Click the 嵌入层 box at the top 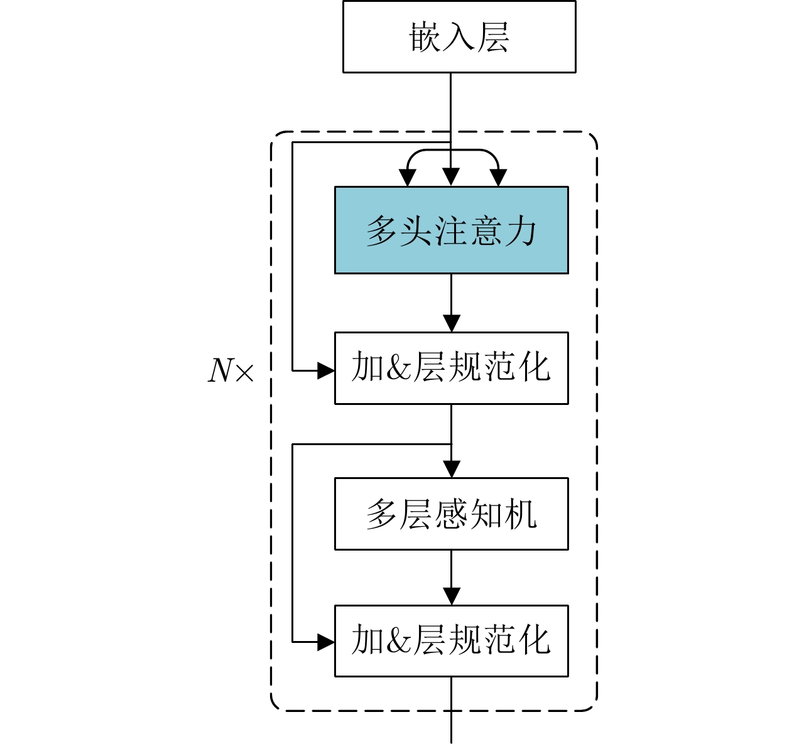[x=459, y=36]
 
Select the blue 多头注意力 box [x=451, y=230]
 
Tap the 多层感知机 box [x=451, y=514]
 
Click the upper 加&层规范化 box [x=451, y=368]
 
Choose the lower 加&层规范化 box [x=451, y=640]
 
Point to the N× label [x=231, y=370]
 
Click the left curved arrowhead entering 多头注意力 [x=408, y=178]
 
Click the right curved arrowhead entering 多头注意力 [x=498, y=178]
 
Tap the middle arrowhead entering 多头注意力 [x=451, y=178]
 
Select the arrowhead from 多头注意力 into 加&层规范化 [x=451, y=324]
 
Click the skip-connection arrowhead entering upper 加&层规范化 [x=326, y=370]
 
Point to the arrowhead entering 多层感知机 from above [x=451, y=470]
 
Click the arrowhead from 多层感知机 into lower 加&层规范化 [x=451, y=596]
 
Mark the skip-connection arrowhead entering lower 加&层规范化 [x=326, y=642]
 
